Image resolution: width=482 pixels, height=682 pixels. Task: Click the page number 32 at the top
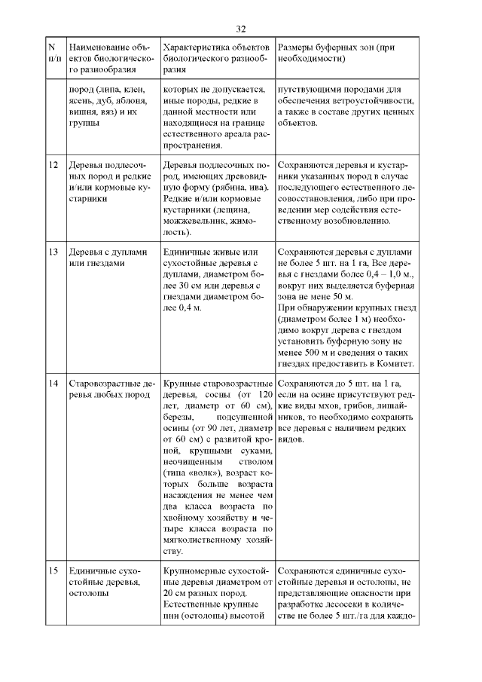coord(241,29)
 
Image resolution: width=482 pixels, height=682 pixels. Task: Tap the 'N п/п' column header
coord(54,52)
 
